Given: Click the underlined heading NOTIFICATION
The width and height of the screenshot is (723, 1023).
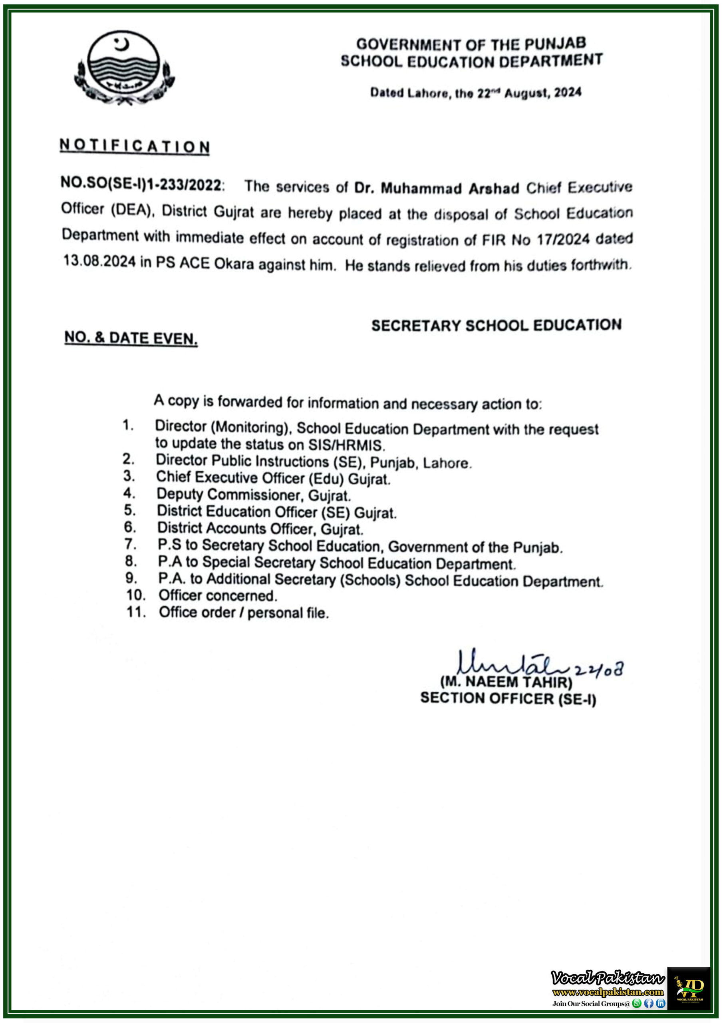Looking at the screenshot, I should [135, 146].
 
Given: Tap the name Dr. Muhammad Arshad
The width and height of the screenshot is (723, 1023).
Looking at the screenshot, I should [437, 188].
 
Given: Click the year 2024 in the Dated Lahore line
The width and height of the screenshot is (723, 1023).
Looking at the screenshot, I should [568, 92].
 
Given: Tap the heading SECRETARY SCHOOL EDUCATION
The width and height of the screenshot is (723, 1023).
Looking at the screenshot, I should [496, 325].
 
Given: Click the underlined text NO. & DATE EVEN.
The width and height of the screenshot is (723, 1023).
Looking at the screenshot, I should [131, 338].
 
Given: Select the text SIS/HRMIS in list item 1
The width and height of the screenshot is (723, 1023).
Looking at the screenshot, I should [346, 445].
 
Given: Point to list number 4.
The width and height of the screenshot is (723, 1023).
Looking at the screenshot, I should [129, 493].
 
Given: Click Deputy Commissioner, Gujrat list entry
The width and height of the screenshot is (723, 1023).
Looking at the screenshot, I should [254, 495].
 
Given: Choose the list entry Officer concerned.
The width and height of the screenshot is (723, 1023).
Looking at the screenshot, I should [218, 595].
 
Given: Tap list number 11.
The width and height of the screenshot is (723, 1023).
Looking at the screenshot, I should [136, 612].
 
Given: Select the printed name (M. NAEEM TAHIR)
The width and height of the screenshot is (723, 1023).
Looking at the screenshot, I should [506, 682].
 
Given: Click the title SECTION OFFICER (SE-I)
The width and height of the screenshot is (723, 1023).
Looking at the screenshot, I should [508, 698].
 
